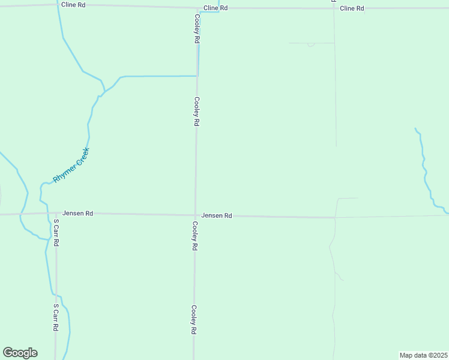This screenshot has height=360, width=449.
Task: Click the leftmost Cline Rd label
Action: pos(73,4)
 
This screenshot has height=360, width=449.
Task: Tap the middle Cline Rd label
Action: pos(215,8)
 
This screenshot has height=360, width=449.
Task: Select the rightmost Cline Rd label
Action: pos(352,8)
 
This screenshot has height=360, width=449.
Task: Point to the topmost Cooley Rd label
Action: pos(196,28)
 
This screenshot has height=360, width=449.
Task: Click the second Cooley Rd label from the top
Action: pos(196,111)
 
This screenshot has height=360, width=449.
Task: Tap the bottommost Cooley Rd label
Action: pos(194,319)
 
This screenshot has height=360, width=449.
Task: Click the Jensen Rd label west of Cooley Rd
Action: pos(77,213)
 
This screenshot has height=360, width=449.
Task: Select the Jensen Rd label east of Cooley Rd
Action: pos(217,215)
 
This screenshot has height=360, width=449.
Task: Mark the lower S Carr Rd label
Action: pos(55,317)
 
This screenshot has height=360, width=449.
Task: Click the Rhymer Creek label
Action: pos(71,165)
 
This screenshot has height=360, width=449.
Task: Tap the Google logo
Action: pos(20,353)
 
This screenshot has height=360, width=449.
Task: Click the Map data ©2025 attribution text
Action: pos(423,355)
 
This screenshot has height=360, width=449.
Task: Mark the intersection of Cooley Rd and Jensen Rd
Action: pos(195,215)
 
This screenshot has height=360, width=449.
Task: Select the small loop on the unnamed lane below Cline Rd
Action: pos(310,44)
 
